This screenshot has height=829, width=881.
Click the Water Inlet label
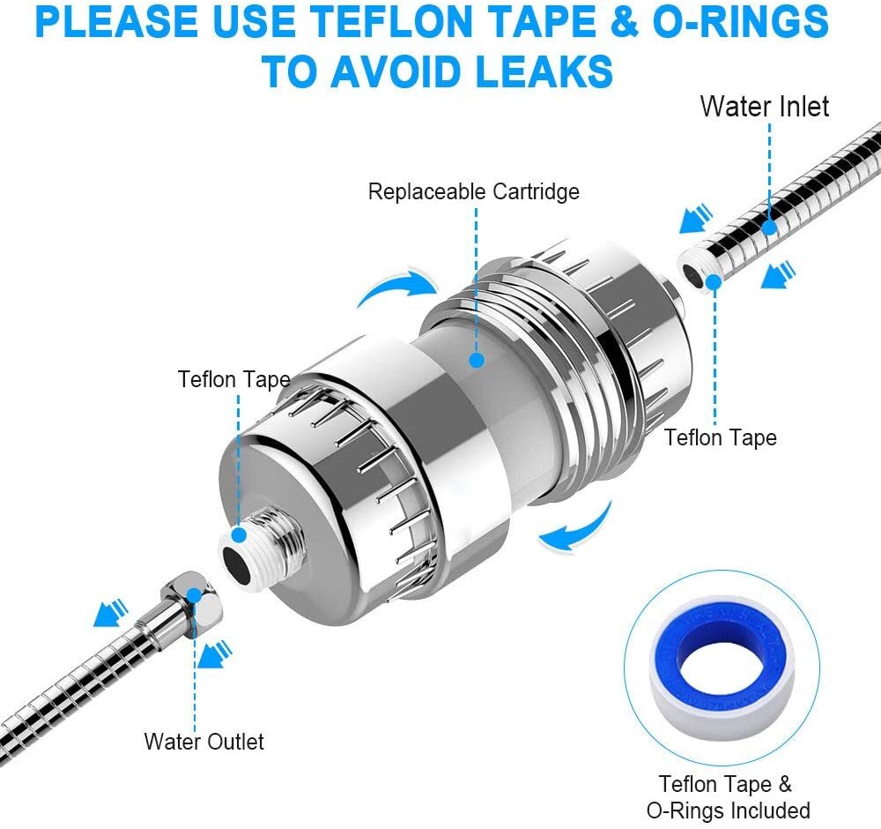click(764, 107)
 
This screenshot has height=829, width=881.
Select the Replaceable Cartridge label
click(474, 191)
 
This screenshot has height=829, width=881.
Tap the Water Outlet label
click(204, 742)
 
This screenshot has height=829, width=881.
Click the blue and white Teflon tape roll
click(722, 668)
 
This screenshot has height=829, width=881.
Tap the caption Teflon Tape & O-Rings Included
click(729, 797)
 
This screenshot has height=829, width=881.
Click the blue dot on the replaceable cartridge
click(477, 360)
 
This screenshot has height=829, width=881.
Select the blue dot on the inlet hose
click(769, 228)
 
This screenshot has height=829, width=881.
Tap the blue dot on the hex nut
click(194, 596)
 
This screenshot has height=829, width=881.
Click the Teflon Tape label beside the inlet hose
click(721, 437)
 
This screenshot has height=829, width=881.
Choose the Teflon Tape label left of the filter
click(233, 379)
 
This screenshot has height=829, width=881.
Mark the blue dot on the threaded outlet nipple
click(239, 534)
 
